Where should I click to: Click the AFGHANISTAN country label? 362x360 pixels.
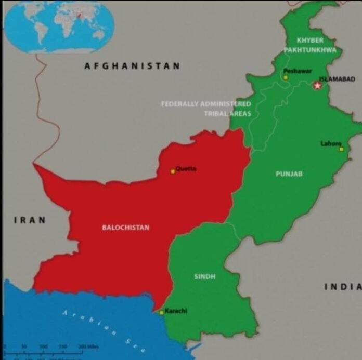(x=132, y=66)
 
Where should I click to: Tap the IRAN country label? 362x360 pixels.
(x=30, y=220)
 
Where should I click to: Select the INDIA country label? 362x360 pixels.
(x=343, y=286)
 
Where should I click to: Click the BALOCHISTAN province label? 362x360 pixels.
(x=125, y=227)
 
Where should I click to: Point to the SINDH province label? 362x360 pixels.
(x=205, y=276)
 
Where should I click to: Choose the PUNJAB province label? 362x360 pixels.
(x=289, y=174)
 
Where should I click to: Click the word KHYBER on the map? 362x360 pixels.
(x=310, y=40)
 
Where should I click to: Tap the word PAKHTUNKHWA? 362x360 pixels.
(x=310, y=50)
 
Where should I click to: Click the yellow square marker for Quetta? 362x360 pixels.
(x=173, y=171)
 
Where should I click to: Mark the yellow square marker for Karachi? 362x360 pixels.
(x=161, y=312)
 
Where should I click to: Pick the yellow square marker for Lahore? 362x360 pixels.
(x=341, y=149)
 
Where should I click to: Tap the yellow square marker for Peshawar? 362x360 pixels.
(x=285, y=77)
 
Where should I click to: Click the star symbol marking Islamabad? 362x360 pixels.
(x=317, y=85)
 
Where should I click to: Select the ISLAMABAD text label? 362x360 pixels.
(x=337, y=79)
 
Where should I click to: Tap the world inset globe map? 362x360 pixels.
(x=59, y=26)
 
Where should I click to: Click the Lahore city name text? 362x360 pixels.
(x=331, y=143)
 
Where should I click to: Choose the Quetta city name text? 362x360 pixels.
(x=186, y=168)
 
